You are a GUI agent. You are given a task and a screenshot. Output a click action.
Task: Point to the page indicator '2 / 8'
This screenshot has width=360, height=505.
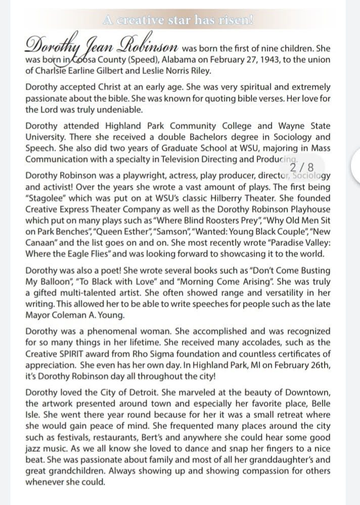click(302, 166)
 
